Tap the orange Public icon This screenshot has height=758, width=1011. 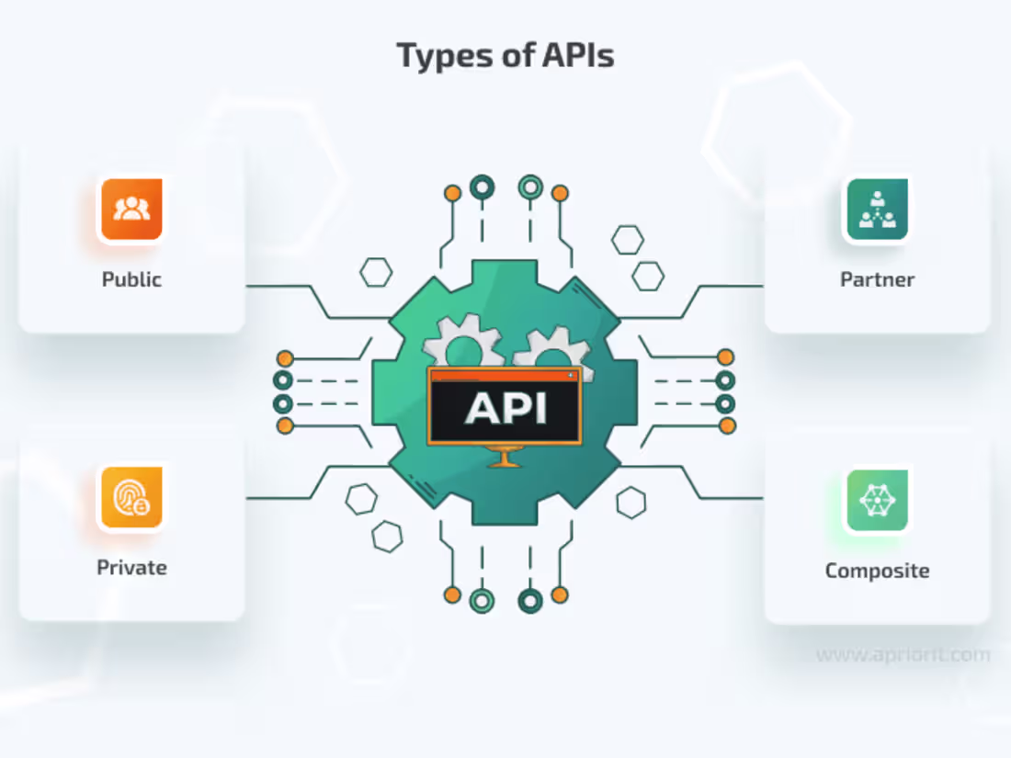(x=131, y=209)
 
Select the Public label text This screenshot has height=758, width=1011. (x=131, y=279)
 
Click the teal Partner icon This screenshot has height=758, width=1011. (x=877, y=209)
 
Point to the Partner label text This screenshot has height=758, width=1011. (x=877, y=279)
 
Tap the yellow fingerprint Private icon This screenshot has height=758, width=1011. (x=131, y=497)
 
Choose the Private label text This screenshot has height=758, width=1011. (x=131, y=567)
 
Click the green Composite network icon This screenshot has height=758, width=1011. (x=877, y=500)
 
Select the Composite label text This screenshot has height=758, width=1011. (x=877, y=571)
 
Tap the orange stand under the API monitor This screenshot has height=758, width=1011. (x=505, y=457)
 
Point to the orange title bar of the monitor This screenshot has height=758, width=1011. (x=505, y=375)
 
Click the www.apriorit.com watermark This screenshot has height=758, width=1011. (x=903, y=655)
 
